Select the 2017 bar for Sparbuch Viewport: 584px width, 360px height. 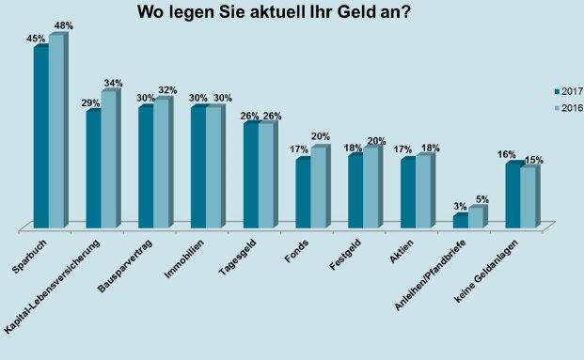click(40, 136)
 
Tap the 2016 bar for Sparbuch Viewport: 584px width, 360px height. click(55, 131)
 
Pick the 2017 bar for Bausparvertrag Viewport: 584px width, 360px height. click(146, 166)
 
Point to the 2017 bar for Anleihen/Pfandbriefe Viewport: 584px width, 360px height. click(460, 221)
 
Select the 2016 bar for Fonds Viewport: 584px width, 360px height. click(318, 187)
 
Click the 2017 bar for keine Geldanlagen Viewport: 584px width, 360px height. click(513, 195)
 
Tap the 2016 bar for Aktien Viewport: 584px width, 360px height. click(423, 191)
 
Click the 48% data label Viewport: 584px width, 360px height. click(62, 26)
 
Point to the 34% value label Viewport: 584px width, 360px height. click(114, 82)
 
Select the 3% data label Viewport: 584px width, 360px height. click(460, 206)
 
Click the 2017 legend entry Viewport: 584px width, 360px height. click(568, 90)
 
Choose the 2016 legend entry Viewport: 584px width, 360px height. click(568, 108)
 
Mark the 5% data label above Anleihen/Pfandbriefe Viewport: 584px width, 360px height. click(481, 198)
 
